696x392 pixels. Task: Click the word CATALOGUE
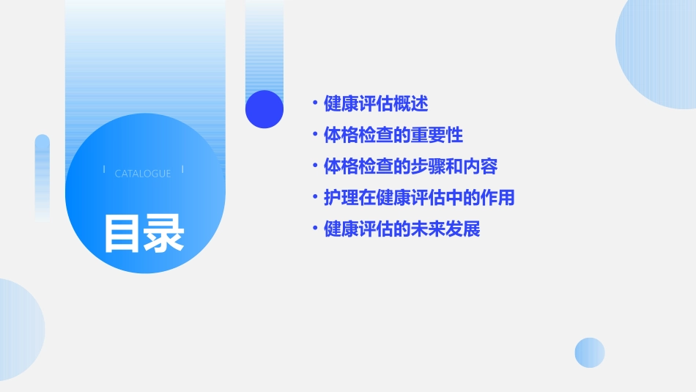(x=143, y=174)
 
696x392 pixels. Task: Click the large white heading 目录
(x=144, y=233)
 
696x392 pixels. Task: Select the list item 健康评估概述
(x=376, y=103)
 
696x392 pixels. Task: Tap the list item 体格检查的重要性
(x=393, y=135)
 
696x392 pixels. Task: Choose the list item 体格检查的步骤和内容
(x=410, y=166)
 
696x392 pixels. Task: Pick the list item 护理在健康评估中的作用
(x=419, y=198)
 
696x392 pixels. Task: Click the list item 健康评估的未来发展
(x=401, y=229)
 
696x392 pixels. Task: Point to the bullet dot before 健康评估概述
(x=314, y=103)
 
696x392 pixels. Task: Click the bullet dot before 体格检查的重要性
(x=314, y=135)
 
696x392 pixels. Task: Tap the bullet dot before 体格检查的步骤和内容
(x=314, y=166)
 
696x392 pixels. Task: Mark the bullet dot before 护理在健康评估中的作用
(x=314, y=198)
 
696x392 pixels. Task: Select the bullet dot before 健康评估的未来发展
(x=314, y=229)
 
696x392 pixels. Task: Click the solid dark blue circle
(x=264, y=109)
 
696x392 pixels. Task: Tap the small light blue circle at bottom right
(x=590, y=352)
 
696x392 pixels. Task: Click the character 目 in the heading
(x=122, y=233)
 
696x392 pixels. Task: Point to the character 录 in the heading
(x=165, y=233)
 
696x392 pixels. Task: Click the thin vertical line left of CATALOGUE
(x=104, y=169)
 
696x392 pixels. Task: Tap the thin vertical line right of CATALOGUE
(x=182, y=169)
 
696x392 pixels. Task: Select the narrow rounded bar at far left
(x=42, y=176)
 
